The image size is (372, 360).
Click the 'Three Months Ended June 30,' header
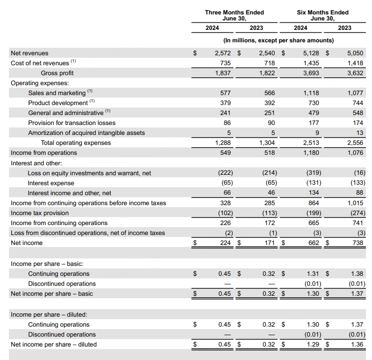[x=235, y=15]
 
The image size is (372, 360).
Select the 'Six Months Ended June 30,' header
[x=322, y=15]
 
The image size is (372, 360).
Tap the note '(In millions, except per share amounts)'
[x=278, y=40]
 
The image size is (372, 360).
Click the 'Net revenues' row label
[x=30, y=53]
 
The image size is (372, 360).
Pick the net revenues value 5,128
[x=312, y=53]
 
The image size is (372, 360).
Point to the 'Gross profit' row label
[x=57, y=73]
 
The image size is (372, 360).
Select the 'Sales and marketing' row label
[x=57, y=93]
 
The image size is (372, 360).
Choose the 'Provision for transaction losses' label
[x=72, y=123]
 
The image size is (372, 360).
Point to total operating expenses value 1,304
[x=268, y=143]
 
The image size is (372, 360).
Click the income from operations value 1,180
[x=312, y=153]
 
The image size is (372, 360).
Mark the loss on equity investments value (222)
[x=224, y=173]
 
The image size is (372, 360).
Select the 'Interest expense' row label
[x=51, y=183]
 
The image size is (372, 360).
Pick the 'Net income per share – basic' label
[x=52, y=294]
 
